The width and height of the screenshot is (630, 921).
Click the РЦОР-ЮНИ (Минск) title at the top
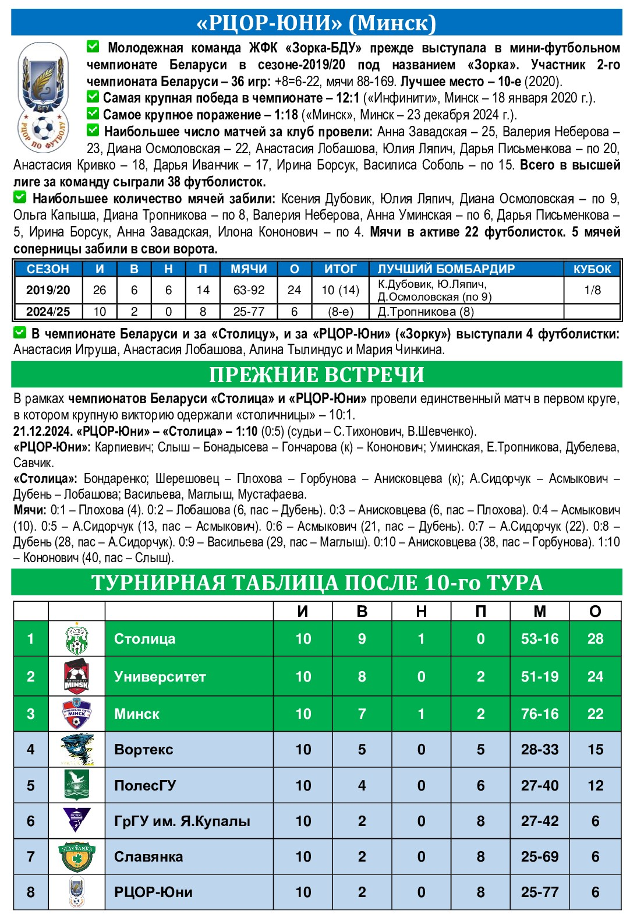(316, 23)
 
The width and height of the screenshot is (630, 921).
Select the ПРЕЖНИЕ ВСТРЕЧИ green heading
(316, 375)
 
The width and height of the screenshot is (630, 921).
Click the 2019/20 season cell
(48, 290)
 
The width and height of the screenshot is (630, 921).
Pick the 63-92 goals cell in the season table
(249, 290)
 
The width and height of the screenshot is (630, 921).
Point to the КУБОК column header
(592, 269)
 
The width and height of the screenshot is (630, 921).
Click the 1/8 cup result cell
(592, 290)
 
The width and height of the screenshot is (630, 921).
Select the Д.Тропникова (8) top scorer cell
(426, 312)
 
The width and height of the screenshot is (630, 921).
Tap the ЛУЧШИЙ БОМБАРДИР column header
(446, 269)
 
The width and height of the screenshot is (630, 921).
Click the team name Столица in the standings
(145, 638)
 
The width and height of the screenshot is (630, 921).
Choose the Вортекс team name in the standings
(144, 749)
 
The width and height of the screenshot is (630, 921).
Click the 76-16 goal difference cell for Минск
(539, 714)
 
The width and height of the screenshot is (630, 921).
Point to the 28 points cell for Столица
(595, 638)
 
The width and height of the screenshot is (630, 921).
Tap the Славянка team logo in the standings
(76, 856)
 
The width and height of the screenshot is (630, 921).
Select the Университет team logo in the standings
(76, 676)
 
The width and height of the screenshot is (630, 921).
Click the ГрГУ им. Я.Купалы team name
(182, 821)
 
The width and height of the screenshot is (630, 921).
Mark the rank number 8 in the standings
(31, 892)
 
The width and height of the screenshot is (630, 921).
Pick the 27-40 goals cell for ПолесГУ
(539, 785)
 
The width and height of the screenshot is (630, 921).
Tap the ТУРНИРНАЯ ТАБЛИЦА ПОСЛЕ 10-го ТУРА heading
(316, 583)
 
